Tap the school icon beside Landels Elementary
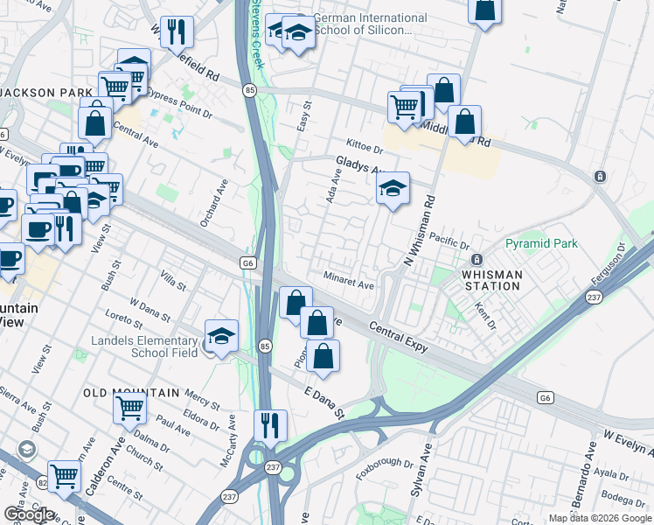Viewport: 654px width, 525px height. click(221, 336)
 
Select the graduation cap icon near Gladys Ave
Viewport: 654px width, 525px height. click(393, 187)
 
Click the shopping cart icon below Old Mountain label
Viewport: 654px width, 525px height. click(129, 407)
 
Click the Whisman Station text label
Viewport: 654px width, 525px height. click(491, 280)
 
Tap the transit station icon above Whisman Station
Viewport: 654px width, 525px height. click(477, 260)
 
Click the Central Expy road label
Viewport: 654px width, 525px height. click(398, 336)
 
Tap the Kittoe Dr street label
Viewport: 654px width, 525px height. click(365, 145)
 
